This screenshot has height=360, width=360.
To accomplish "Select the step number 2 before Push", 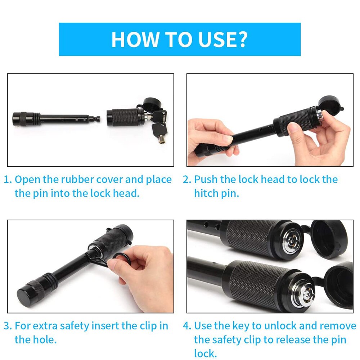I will coord(186,179).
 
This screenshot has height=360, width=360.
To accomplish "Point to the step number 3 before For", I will coord(7,326).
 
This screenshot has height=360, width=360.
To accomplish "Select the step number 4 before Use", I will coord(186,326).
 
